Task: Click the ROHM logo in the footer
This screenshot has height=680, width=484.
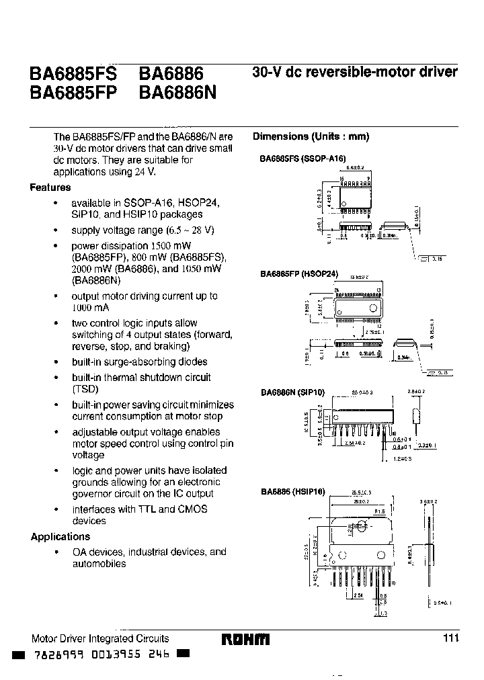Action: coord(245,639)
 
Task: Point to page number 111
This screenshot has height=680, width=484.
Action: coord(450,638)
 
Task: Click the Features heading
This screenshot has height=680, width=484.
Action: coord(50,187)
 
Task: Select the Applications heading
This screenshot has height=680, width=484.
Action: coord(61,537)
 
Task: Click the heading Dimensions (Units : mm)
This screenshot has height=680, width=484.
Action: coord(311,136)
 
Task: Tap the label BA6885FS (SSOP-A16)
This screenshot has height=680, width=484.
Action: coord(302,159)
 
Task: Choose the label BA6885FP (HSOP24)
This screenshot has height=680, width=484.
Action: coord(299,274)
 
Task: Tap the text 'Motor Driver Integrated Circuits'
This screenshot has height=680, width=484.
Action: coord(100,638)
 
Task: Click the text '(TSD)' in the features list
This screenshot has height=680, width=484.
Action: coord(85,389)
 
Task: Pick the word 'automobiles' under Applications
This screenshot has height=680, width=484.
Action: coord(99,564)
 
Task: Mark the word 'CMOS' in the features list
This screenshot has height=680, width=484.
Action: coord(192,509)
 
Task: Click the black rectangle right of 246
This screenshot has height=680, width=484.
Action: coord(184,654)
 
